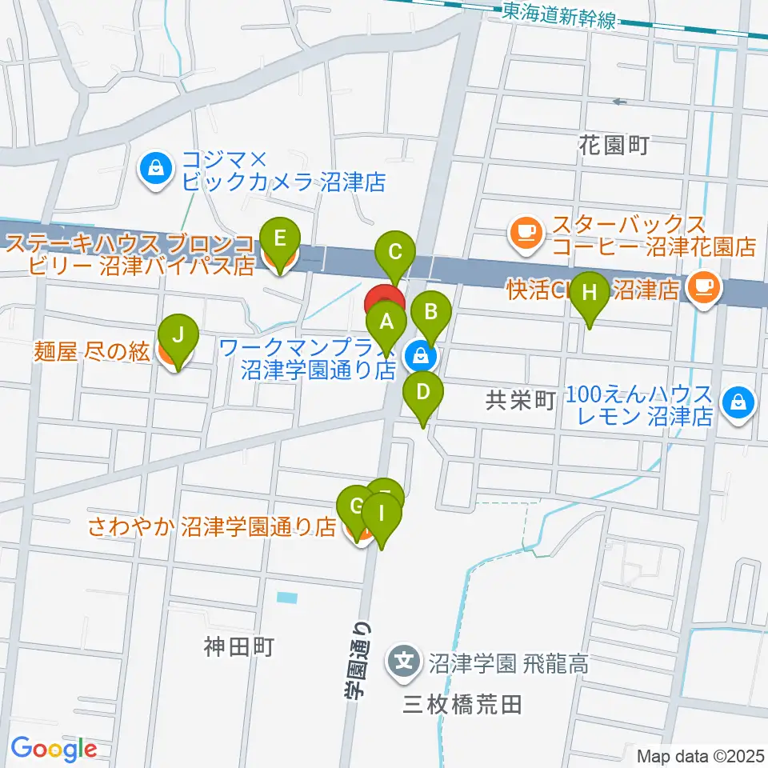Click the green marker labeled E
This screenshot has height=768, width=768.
click(x=279, y=238)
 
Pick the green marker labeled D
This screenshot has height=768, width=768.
click(x=423, y=393)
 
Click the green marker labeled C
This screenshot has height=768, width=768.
click(x=394, y=254)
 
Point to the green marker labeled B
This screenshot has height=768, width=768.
click(x=430, y=310)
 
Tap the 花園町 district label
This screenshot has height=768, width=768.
click(x=614, y=145)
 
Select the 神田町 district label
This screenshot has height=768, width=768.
click(x=238, y=646)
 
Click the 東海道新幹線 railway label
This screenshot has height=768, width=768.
click(x=560, y=15)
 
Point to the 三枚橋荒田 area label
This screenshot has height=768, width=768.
click(x=463, y=705)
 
